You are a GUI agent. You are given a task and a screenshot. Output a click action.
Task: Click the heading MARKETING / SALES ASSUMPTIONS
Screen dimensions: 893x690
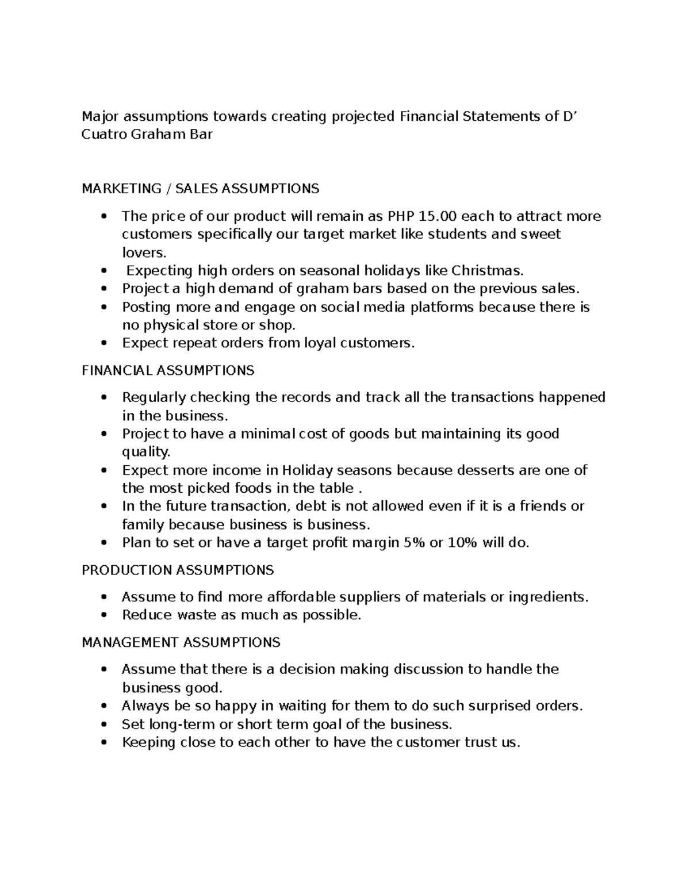200,189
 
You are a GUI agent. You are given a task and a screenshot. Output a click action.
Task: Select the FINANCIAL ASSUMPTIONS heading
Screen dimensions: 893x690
168,370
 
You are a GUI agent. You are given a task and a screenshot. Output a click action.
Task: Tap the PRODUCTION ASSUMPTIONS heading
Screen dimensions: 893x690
178,570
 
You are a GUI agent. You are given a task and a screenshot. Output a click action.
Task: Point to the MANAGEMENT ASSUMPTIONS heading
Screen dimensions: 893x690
181,642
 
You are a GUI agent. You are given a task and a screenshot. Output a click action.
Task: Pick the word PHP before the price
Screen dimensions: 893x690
401,216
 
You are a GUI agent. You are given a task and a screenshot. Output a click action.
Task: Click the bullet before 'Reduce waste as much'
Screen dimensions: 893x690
103,615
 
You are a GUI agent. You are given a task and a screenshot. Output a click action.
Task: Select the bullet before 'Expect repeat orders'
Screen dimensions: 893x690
103,343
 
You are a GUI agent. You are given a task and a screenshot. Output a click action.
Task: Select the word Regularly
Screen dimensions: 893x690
154,397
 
